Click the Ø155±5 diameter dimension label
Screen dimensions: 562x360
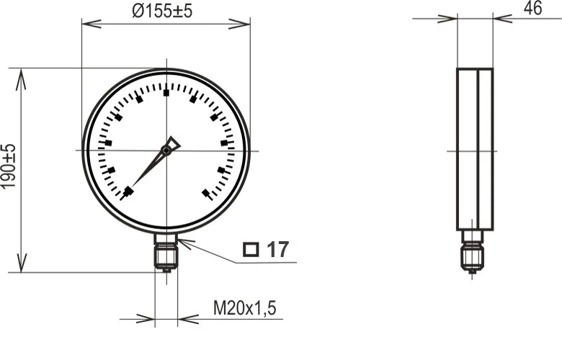pyautogui.click(x=162, y=11)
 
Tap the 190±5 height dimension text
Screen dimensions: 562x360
pyautogui.click(x=8, y=166)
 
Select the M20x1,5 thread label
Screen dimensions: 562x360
pyautogui.click(x=245, y=308)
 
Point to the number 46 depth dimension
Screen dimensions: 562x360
pyautogui.click(x=533, y=8)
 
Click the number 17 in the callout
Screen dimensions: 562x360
pyautogui.click(x=278, y=250)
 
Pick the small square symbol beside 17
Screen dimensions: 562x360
pyautogui.click(x=251, y=249)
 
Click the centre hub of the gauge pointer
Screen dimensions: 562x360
pyautogui.click(x=166, y=150)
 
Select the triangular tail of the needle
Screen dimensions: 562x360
pyautogui.click(x=174, y=143)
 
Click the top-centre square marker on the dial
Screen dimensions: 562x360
pyautogui.click(x=166, y=93)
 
